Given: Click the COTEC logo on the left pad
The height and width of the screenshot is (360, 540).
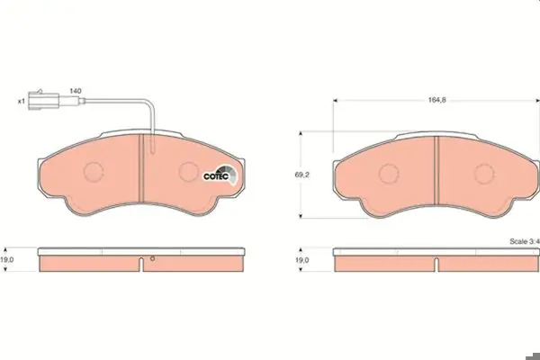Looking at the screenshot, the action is (x=220, y=175).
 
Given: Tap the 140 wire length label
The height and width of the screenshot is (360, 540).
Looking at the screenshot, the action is (x=76, y=91).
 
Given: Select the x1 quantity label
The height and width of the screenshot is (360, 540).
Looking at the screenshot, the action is (x=22, y=102).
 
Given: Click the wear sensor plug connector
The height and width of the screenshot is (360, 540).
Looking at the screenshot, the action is (x=44, y=100).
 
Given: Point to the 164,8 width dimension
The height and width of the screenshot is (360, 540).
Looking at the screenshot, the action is (x=436, y=100).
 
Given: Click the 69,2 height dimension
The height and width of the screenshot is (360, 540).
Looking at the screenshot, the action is (x=302, y=175).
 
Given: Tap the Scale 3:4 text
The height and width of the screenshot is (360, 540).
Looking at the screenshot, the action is (x=525, y=241).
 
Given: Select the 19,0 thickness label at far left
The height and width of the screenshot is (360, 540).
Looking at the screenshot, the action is (x=7, y=260).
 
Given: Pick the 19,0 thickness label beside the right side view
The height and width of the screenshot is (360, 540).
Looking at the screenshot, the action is (x=302, y=260).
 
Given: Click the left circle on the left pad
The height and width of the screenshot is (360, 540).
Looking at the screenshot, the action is (x=94, y=171).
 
